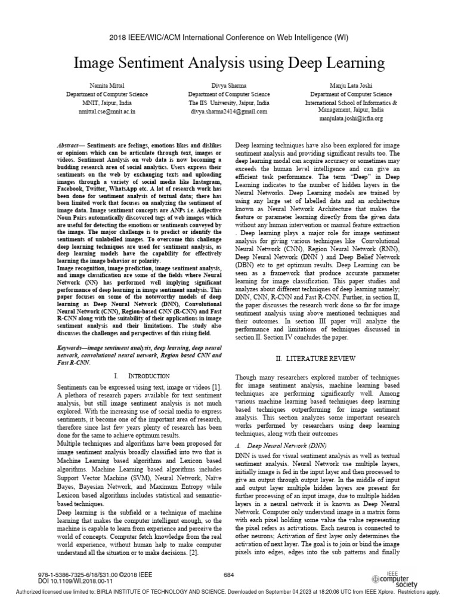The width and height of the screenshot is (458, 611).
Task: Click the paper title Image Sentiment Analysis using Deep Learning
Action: click(x=229, y=63)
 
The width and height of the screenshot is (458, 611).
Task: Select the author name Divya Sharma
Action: click(x=229, y=86)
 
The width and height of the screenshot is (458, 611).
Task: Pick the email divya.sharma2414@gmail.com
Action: click(x=229, y=111)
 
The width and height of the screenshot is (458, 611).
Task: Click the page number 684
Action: click(x=229, y=575)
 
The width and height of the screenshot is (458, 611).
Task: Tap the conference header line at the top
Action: click(x=229, y=37)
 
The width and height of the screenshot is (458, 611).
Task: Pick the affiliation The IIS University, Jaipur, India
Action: click(x=229, y=103)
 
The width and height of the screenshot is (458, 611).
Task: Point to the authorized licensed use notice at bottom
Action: click(x=229, y=592)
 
